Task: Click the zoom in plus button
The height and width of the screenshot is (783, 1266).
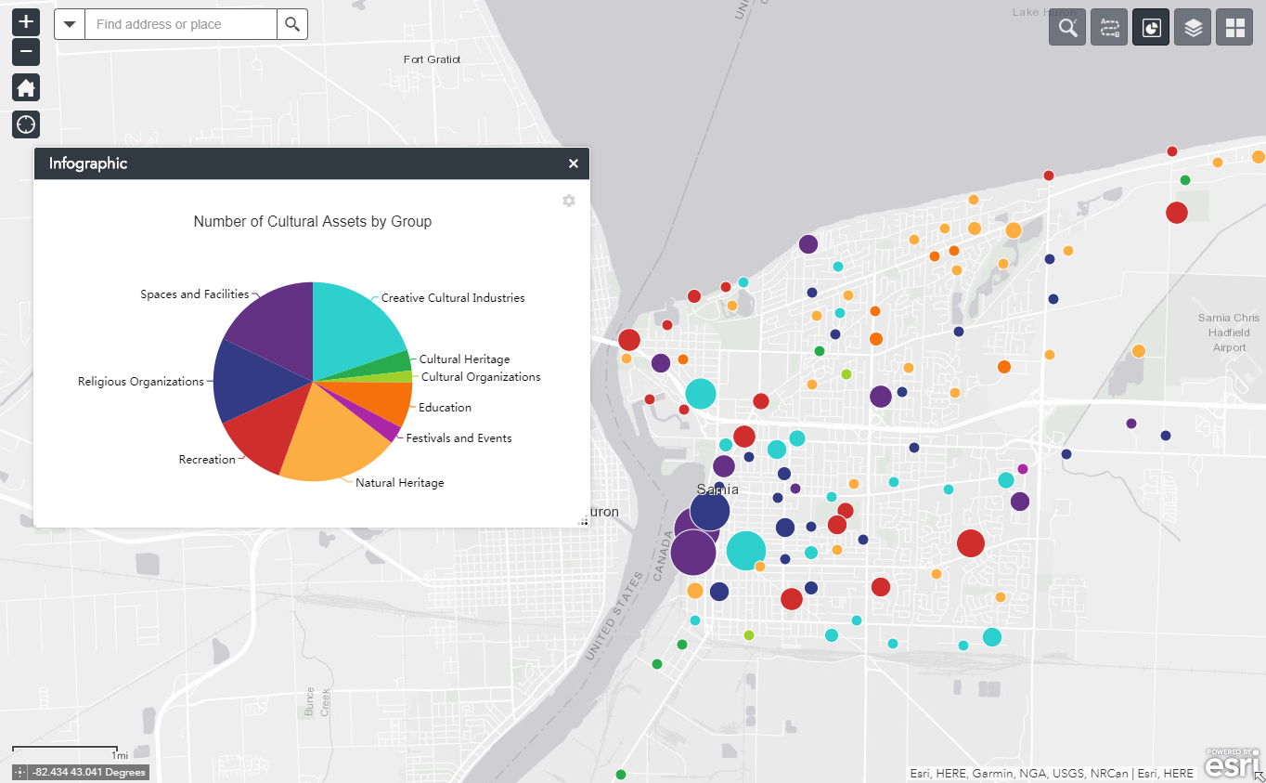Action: pyautogui.click(x=26, y=21)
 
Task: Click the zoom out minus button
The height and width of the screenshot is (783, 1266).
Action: pyautogui.click(x=26, y=52)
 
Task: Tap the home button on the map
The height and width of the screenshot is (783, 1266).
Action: pyautogui.click(x=26, y=88)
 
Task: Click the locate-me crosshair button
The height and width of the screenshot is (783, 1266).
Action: pyautogui.click(x=26, y=124)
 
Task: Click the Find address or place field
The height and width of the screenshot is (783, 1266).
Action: pyautogui.click(x=180, y=24)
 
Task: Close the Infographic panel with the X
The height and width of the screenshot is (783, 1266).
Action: pyautogui.click(x=574, y=163)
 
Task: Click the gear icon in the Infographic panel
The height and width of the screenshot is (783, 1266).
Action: pyautogui.click(x=569, y=201)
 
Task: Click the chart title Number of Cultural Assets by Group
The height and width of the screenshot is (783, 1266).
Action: pyautogui.click(x=312, y=222)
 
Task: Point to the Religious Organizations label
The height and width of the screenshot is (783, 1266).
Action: pyautogui.click(x=141, y=382)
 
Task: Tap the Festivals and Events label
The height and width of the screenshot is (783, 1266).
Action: pyautogui.click(x=459, y=438)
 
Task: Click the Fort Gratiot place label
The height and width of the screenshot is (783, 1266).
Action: pyautogui.click(x=432, y=59)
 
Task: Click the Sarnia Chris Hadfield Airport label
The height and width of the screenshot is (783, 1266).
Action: pyautogui.click(x=1229, y=333)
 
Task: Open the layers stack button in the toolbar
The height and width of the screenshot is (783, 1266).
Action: pyautogui.click(x=1193, y=28)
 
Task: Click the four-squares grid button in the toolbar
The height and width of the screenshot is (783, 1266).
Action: pyautogui.click(x=1234, y=28)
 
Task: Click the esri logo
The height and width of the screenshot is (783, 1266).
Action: pyautogui.click(x=1232, y=763)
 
